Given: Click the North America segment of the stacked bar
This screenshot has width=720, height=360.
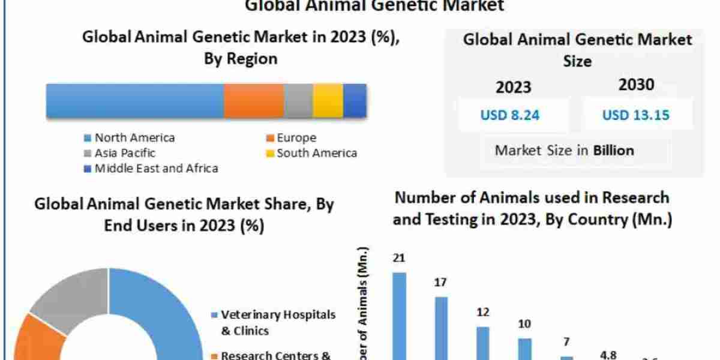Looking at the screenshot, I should (x=135, y=100).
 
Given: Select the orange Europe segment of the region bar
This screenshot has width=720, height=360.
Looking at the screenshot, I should (x=253, y=100).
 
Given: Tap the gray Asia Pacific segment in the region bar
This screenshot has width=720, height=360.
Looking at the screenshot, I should (x=298, y=100).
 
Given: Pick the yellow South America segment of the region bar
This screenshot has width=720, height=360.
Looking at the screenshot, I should (x=328, y=100).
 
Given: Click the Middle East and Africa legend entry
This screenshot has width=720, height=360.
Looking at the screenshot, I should (x=151, y=169).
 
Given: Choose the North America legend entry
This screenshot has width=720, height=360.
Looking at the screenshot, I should (x=129, y=137).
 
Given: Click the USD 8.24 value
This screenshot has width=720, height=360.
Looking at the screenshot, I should (x=510, y=115).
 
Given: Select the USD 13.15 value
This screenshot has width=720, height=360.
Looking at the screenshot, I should (x=636, y=115).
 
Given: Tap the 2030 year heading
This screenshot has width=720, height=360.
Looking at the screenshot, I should (x=636, y=85).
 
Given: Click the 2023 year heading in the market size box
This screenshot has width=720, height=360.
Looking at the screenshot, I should (x=513, y=87).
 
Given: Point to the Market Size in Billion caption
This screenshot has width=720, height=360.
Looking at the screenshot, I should (x=564, y=150).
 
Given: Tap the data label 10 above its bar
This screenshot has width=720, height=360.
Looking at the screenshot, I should (x=524, y=324).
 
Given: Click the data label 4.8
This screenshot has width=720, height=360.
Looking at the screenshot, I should (x=608, y=355).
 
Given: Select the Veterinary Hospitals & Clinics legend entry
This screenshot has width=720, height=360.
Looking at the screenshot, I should (x=273, y=322).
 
